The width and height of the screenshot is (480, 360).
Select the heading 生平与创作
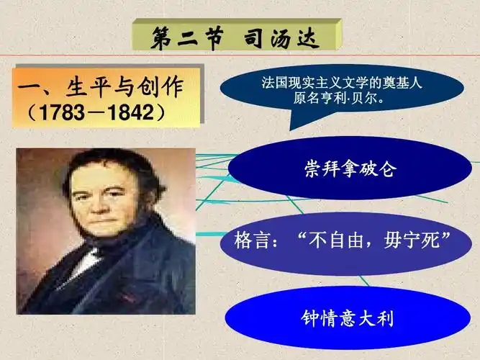(123, 89)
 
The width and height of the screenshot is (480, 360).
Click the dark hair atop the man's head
(108, 160)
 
